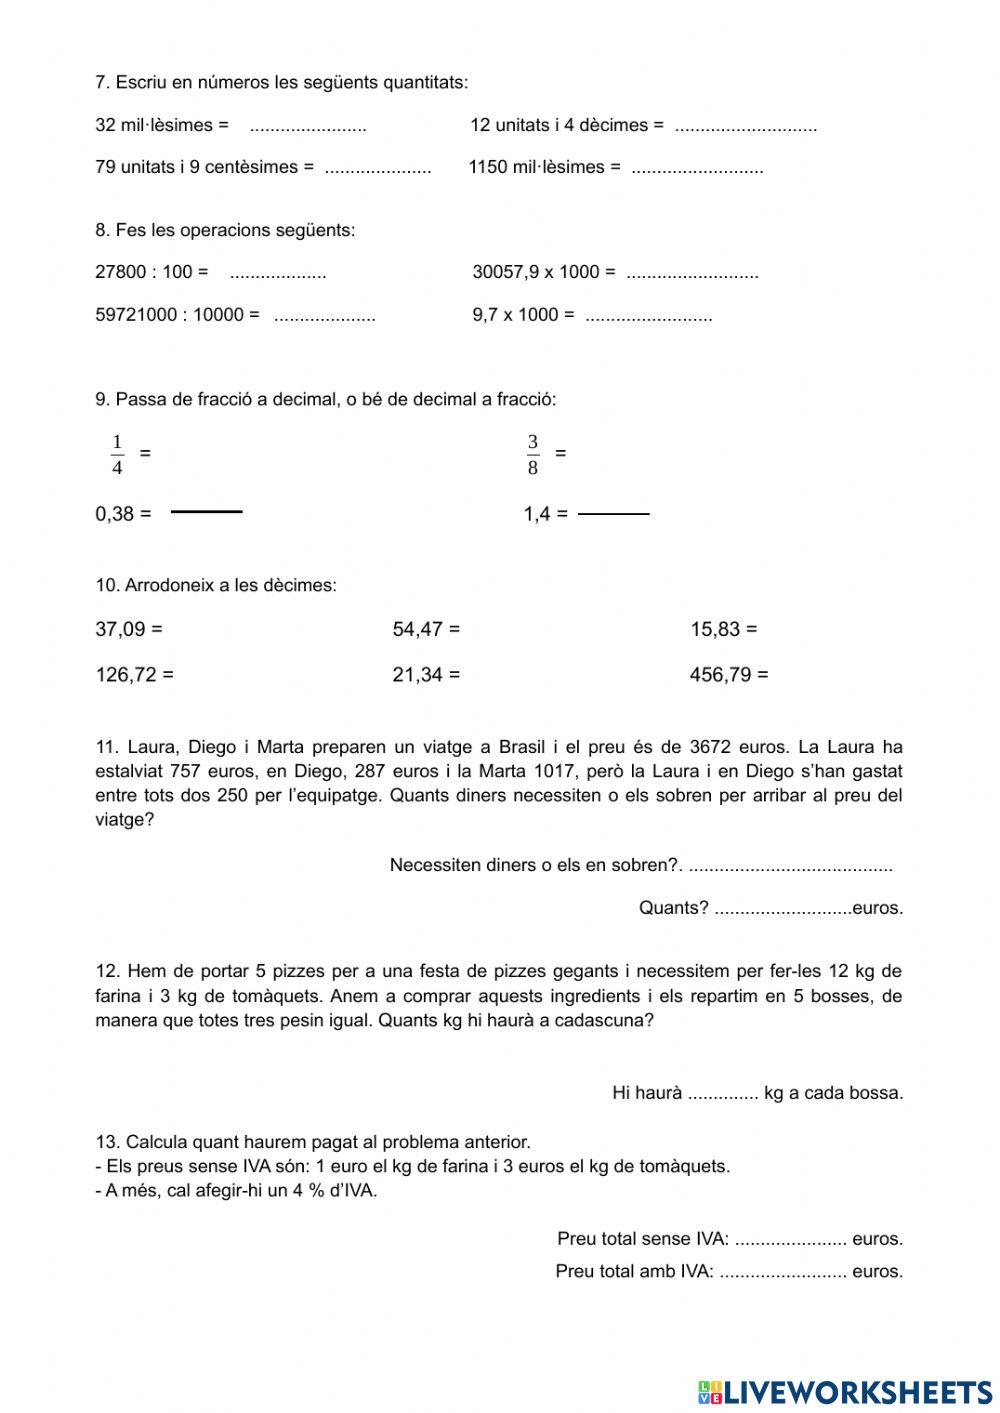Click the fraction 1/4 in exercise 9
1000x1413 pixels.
(117, 454)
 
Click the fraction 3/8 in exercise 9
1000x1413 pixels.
(532, 454)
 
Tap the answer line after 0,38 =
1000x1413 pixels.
(207, 512)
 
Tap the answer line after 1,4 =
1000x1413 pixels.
(614, 515)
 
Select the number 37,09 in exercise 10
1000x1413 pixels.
(120, 630)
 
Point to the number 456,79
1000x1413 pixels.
(720, 675)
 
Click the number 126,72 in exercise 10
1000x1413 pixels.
(125, 675)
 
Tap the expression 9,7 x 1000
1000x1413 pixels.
(515, 315)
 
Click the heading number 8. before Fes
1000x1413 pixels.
(102, 230)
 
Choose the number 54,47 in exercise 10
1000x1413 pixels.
(417, 630)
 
